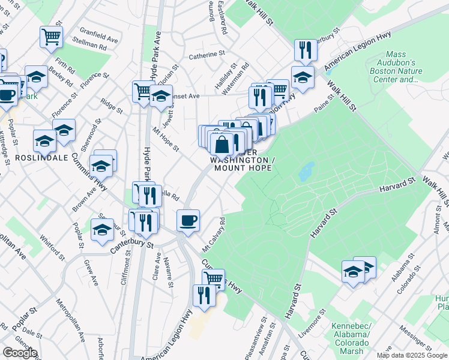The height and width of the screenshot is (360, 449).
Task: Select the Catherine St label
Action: pyautogui.click(x=206, y=55)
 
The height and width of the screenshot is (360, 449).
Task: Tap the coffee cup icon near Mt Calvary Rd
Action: pyautogui.click(x=188, y=220)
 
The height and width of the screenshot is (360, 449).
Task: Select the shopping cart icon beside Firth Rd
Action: pyautogui.click(x=52, y=36)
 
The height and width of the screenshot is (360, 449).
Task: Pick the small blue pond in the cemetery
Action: pyautogui.click(x=306, y=171)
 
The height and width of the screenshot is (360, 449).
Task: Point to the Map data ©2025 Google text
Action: pyautogui.click(x=412, y=355)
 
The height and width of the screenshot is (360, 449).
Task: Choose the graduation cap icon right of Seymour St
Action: pyautogui.click(x=103, y=229)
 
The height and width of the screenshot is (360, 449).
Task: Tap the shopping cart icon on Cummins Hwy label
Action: pyautogui.click(x=214, y=278)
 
